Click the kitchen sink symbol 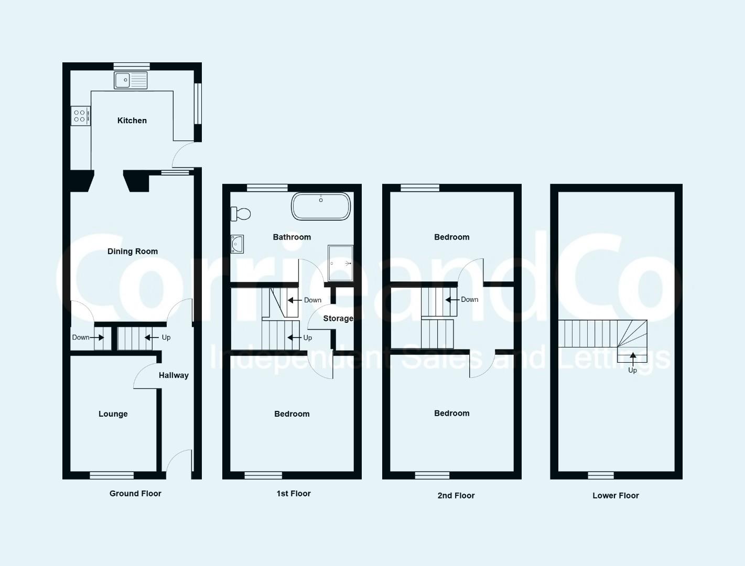pos(131,80)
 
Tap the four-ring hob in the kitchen pos(81,116)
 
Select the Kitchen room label pos(132,121)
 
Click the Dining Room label pos(133,251)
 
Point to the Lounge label pos(113,413)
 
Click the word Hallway pos(174,375)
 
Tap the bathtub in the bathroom pos(321,206)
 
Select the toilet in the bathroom pos(241,214)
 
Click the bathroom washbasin pos(237,244)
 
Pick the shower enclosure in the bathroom pos(340,263)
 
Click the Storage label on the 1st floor pos(338,319)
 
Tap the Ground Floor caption pos(135,494)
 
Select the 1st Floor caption pos(294,494)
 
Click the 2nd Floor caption pos(456,495)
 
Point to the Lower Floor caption pos(616,495)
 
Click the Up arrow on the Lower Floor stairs pos(633,360)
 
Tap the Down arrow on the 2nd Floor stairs pos(453,300)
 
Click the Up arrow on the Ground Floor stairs pos(152,338)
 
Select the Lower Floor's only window pos(601,475)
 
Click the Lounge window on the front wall pos(112,475)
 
